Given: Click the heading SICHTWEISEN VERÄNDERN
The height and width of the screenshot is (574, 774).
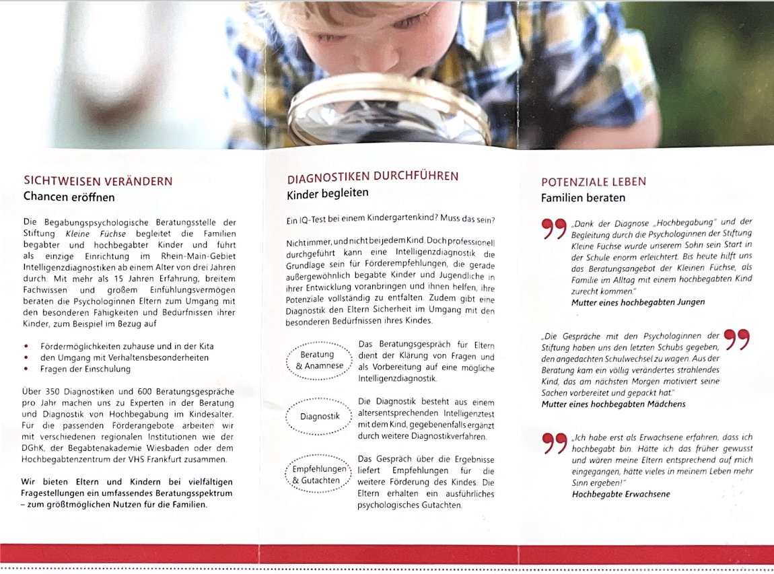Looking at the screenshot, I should tap(98, 181).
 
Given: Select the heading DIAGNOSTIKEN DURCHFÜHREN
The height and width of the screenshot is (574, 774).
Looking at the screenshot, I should tap(373, 176).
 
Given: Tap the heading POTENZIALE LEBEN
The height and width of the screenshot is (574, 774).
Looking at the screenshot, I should tap(594, 182).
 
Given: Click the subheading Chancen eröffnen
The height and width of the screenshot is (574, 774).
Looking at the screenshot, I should tap(69, 197).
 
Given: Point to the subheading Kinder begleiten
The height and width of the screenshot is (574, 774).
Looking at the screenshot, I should tap(328, 193).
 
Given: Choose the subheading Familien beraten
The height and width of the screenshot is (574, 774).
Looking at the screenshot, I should tap(583, 198).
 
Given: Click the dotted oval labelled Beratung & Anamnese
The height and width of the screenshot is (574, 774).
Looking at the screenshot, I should tap(319, 360).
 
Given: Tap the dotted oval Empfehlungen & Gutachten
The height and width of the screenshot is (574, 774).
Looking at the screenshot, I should tap(319, 474).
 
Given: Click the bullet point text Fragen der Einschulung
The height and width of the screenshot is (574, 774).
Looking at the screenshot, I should tap(85, 369).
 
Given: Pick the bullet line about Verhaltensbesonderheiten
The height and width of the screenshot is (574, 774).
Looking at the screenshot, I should tap(125, 357).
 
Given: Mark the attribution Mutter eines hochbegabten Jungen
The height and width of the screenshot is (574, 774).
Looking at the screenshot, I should tap(638, 302).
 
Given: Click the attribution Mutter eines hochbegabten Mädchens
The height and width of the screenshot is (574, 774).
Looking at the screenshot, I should tap(613, 404).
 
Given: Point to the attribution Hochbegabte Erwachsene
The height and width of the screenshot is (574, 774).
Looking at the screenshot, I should tap(621, 493).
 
